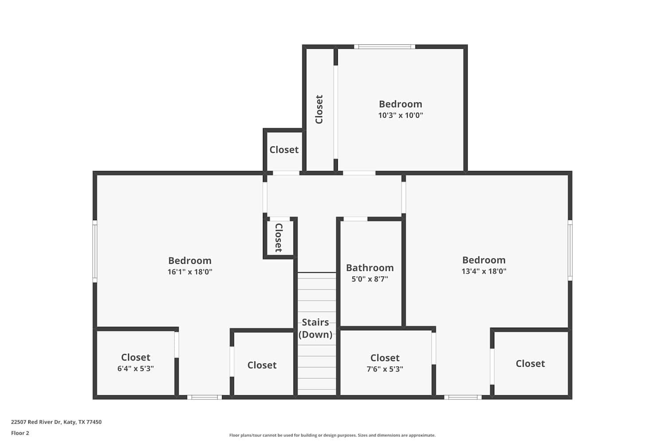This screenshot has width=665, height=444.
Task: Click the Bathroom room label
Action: coord(370,268)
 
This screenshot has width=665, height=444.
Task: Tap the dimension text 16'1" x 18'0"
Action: coord(190,272)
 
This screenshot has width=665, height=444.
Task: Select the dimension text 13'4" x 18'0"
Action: coord(484,271)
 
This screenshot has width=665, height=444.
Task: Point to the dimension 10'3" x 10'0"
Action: coord(400,115)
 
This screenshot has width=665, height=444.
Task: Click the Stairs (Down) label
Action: coord(315,329)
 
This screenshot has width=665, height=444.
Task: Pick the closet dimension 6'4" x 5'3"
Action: coord(136,369)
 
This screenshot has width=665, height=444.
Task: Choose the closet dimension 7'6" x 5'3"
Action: coord(385,369)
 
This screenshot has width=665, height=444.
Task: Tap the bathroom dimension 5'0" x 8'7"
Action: coord(370,279)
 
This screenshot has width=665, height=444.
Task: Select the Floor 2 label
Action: coord(20,433)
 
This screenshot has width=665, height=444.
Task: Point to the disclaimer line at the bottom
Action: coord(332,436)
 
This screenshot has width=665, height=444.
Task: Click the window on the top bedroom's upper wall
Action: coord(384,47)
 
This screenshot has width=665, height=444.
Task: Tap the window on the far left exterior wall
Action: coord(94,251)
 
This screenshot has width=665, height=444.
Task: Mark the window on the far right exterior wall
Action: coord(570,250)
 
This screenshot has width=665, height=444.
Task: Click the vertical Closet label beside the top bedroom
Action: coord(319,109)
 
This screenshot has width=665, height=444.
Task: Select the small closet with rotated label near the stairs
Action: coord(279,238)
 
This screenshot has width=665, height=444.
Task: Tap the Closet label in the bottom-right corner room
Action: coord(530,364)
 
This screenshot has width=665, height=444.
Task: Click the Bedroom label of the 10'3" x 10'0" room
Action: coord(400,104)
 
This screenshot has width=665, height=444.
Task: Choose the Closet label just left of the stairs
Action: coord(262,365)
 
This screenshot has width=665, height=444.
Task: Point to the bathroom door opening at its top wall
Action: coord(355,219)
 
